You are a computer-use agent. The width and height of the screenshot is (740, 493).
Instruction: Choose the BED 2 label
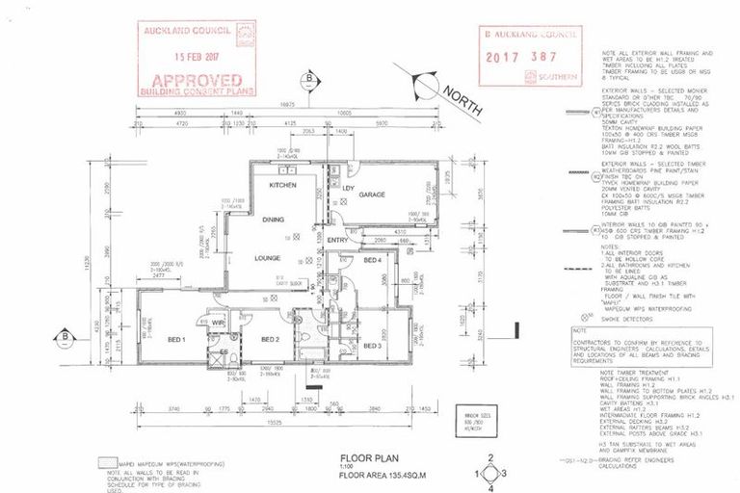coord(269,339)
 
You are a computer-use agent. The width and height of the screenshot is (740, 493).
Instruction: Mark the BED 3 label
coord(373,345)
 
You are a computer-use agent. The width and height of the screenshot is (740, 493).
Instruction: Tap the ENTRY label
coord(337,240)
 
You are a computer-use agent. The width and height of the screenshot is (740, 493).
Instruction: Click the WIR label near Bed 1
coord(219,323)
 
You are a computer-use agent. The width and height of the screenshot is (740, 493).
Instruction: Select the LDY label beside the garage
coord(349,187)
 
